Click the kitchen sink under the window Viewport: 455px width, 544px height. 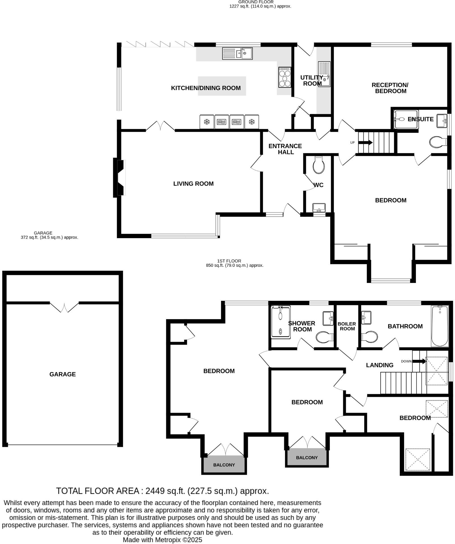(x=237, y=53)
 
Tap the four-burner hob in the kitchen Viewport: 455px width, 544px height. (x=285, y=77)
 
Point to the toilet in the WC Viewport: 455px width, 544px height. (x=319, y=165)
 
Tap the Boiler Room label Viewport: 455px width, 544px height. (x=347, y=326)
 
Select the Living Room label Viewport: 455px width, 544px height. (x=193, y=184)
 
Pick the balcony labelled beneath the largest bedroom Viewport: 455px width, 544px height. (x=224, y=465)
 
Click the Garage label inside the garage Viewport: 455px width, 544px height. (x=63, y=374)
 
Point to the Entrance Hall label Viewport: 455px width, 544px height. (x=285, y=149)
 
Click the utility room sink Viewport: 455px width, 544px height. (x=324, y=74)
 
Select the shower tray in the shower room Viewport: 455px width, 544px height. (x=280, y=322)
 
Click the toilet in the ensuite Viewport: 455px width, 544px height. (x=437, y=142)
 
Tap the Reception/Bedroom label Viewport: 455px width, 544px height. (x=390, y=88)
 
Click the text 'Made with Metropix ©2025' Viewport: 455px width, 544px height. (x=162, y=540)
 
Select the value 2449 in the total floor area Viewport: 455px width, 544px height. (x=155, y=491)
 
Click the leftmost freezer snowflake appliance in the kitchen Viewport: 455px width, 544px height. (x=207, y=122)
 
